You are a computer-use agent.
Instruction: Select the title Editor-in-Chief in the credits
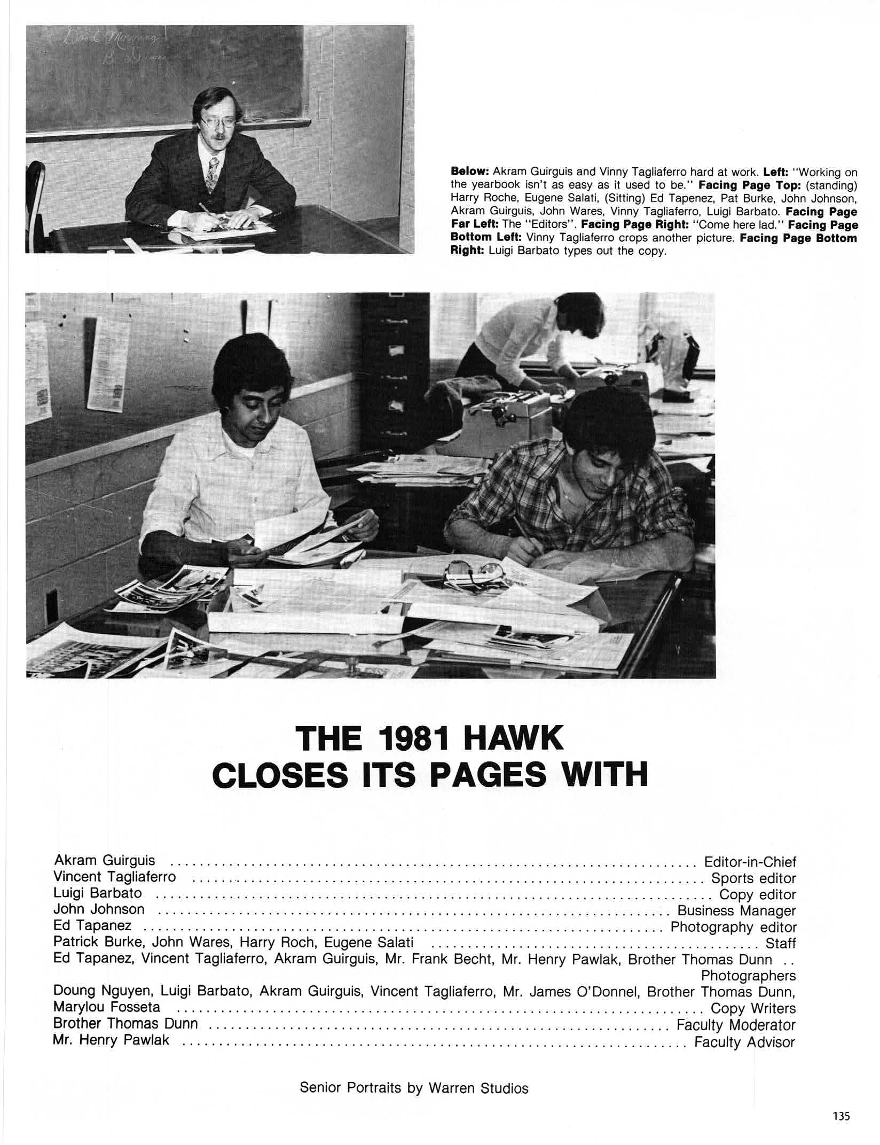click(x=750, y=862)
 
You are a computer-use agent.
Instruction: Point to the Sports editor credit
click(x=753, y=878)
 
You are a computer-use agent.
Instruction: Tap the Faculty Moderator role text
click(x=736, y=1025)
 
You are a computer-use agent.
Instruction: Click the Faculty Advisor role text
click(x=744, y=1042)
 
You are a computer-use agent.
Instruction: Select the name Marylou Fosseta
click(x=107, y=1007)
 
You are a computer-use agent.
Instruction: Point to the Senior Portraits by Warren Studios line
click(x=414, y=1073)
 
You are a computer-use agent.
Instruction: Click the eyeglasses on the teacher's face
click(x=216, y=122)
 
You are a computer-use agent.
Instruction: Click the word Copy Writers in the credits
click(x=753, y=1008)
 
